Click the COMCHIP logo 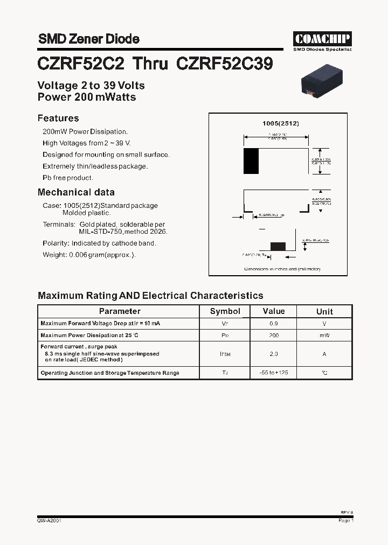pyautogui.click(x=322, y=39)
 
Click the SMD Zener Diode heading pyautogui.click(x=88, y=39)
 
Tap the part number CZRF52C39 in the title pyautogui.click(x=224, y=64)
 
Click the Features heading pyautogui.click(x=58, y=118)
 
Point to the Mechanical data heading pyautogui.click(x=76, y=192)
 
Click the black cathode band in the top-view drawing pyautogui.click(x=251, y=161)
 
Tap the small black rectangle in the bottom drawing pyautogui.click(x=278, y=246)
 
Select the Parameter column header pyautogui.click(x=120, y=311)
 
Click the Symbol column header pyautogui.click(x=225, y=311)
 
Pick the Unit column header pyautogui.click(x=324, y=311)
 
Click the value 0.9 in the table pyautogui.click(x=274, y=324)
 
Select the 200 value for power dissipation pyautogui.click(x=274, y=336)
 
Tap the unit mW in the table pyautogui.click(x=324, y=336)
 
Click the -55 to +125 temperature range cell pyautogui.click(x=274, y=373)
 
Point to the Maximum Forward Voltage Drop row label pyautogui.click(x=100, y=324)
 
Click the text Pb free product pyautogui.click(x=68, y=178)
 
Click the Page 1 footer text pyautogui.click(x=345, y=521)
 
